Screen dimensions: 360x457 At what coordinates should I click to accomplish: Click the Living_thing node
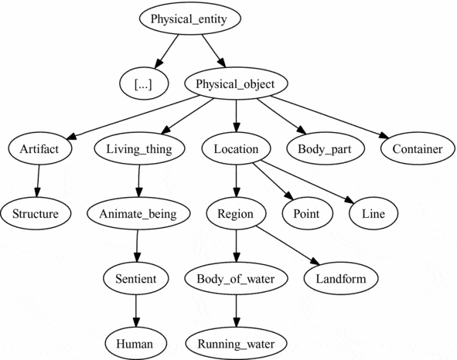140,148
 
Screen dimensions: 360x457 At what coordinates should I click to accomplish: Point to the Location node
237,148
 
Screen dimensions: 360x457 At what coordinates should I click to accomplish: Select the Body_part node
326,148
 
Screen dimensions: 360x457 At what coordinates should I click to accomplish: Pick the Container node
416,148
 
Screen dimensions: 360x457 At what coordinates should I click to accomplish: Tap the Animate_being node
138,213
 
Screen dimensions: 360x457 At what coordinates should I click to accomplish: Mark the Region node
236,213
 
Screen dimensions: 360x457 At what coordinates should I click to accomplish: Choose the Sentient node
137,278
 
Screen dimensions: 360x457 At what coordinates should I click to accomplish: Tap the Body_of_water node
236,278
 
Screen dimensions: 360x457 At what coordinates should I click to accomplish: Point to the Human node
137,342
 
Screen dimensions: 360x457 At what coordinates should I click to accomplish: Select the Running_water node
236,342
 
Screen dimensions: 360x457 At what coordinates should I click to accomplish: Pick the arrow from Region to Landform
286,245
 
